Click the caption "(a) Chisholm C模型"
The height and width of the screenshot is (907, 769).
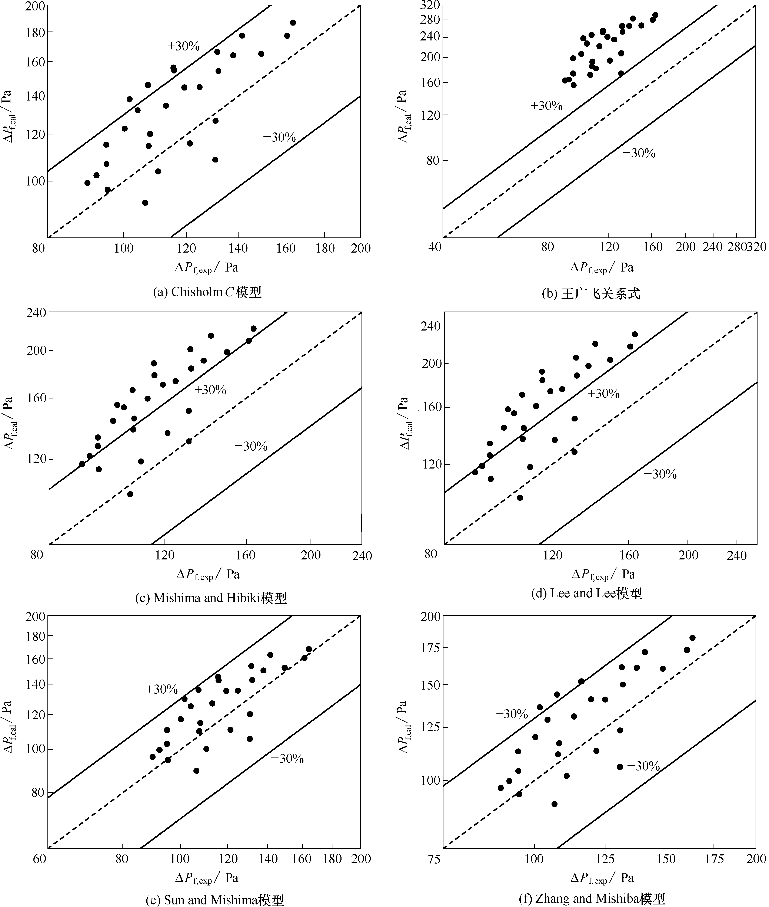point(207,292)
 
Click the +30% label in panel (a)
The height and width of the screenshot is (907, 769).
point(184,46)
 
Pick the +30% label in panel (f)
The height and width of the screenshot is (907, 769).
point(512,714)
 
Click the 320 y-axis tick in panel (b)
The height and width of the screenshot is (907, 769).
point(430,5)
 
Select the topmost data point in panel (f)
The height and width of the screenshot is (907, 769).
point(692,638)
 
